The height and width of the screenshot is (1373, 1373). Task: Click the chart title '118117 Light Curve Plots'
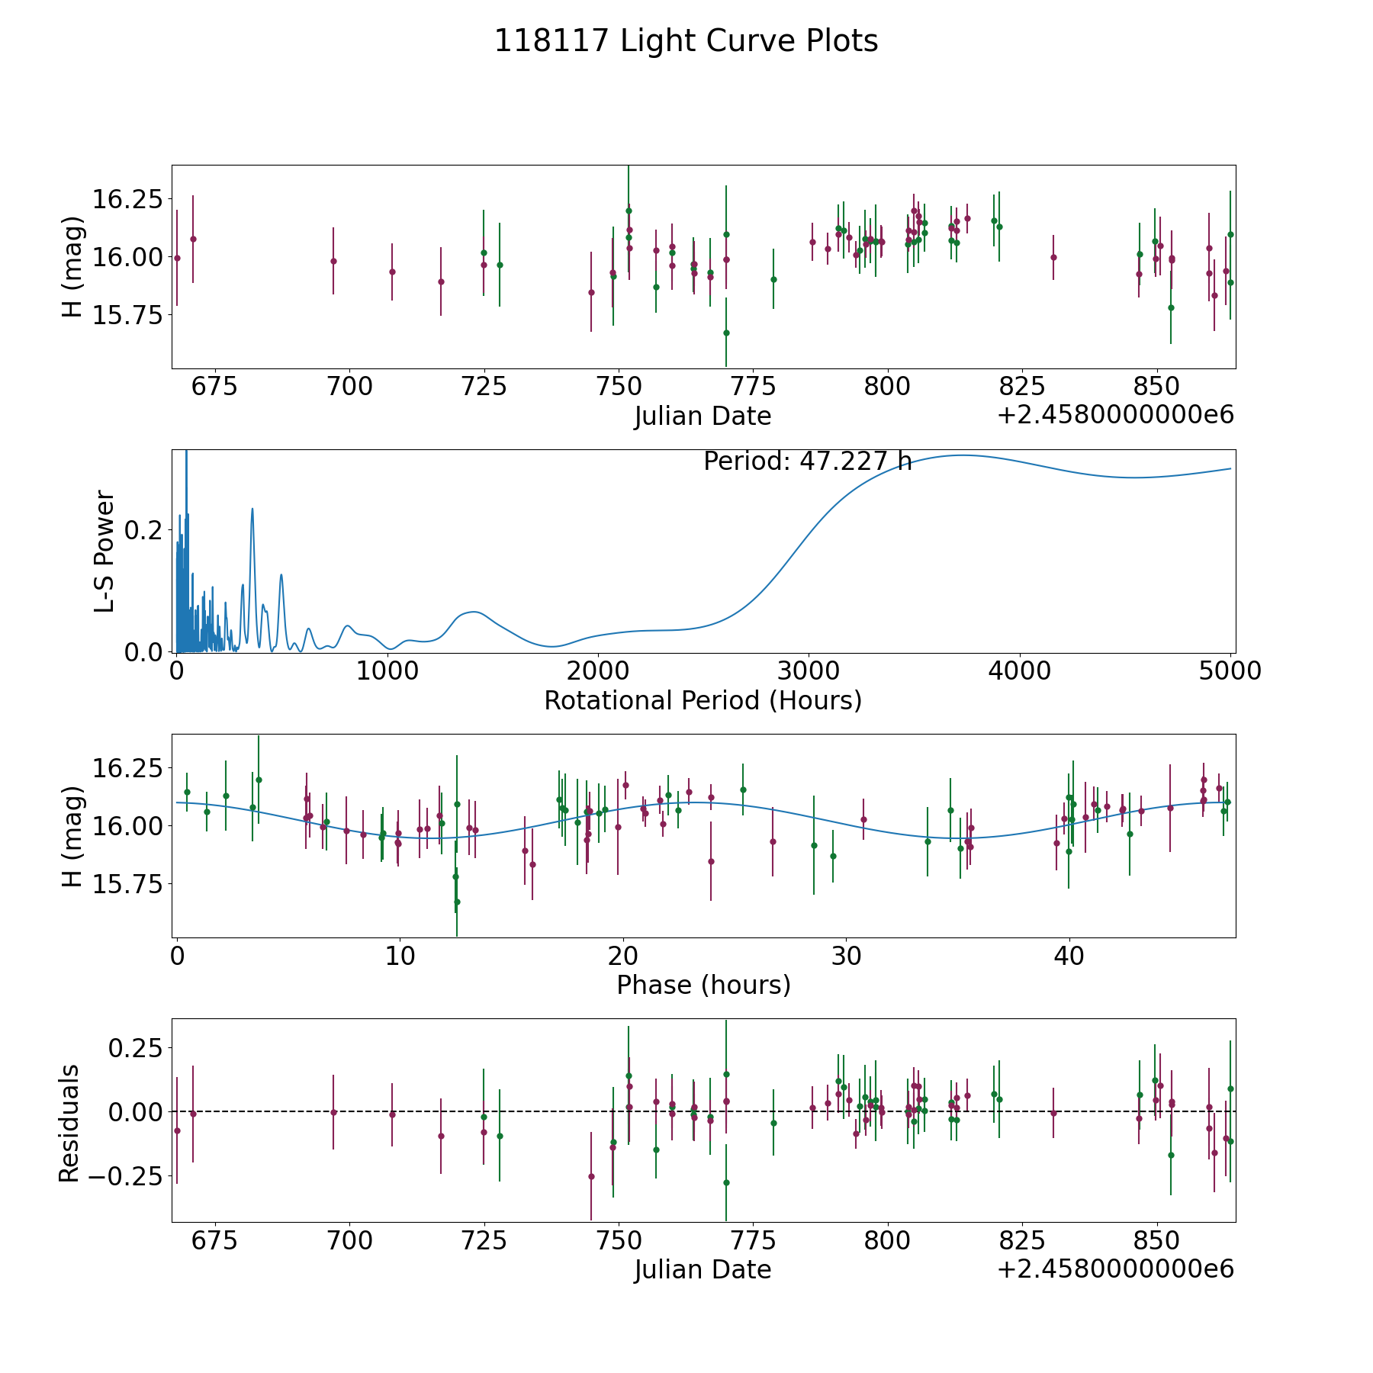[686, 41]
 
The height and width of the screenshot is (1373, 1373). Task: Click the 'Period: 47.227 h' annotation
[807, 461]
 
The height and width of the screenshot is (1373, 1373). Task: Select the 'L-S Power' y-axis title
[105, 551]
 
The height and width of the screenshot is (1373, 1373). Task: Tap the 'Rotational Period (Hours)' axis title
[703, 700]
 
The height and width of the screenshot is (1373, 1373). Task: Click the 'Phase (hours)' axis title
[703, 985]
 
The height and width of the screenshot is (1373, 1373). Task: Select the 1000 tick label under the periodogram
[387, 671]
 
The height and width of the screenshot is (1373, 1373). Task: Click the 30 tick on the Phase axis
[846, 956]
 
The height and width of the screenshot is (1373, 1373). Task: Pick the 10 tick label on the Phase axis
[400, 956]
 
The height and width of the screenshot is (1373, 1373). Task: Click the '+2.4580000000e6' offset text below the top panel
[1115, 416]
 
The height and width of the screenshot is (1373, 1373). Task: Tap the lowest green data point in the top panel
[726, 333]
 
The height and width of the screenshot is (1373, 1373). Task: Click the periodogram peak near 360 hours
[252, 509]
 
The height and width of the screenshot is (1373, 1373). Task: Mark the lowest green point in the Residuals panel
[726, 1182]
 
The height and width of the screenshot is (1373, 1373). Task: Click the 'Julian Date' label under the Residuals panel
[703, 1270]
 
